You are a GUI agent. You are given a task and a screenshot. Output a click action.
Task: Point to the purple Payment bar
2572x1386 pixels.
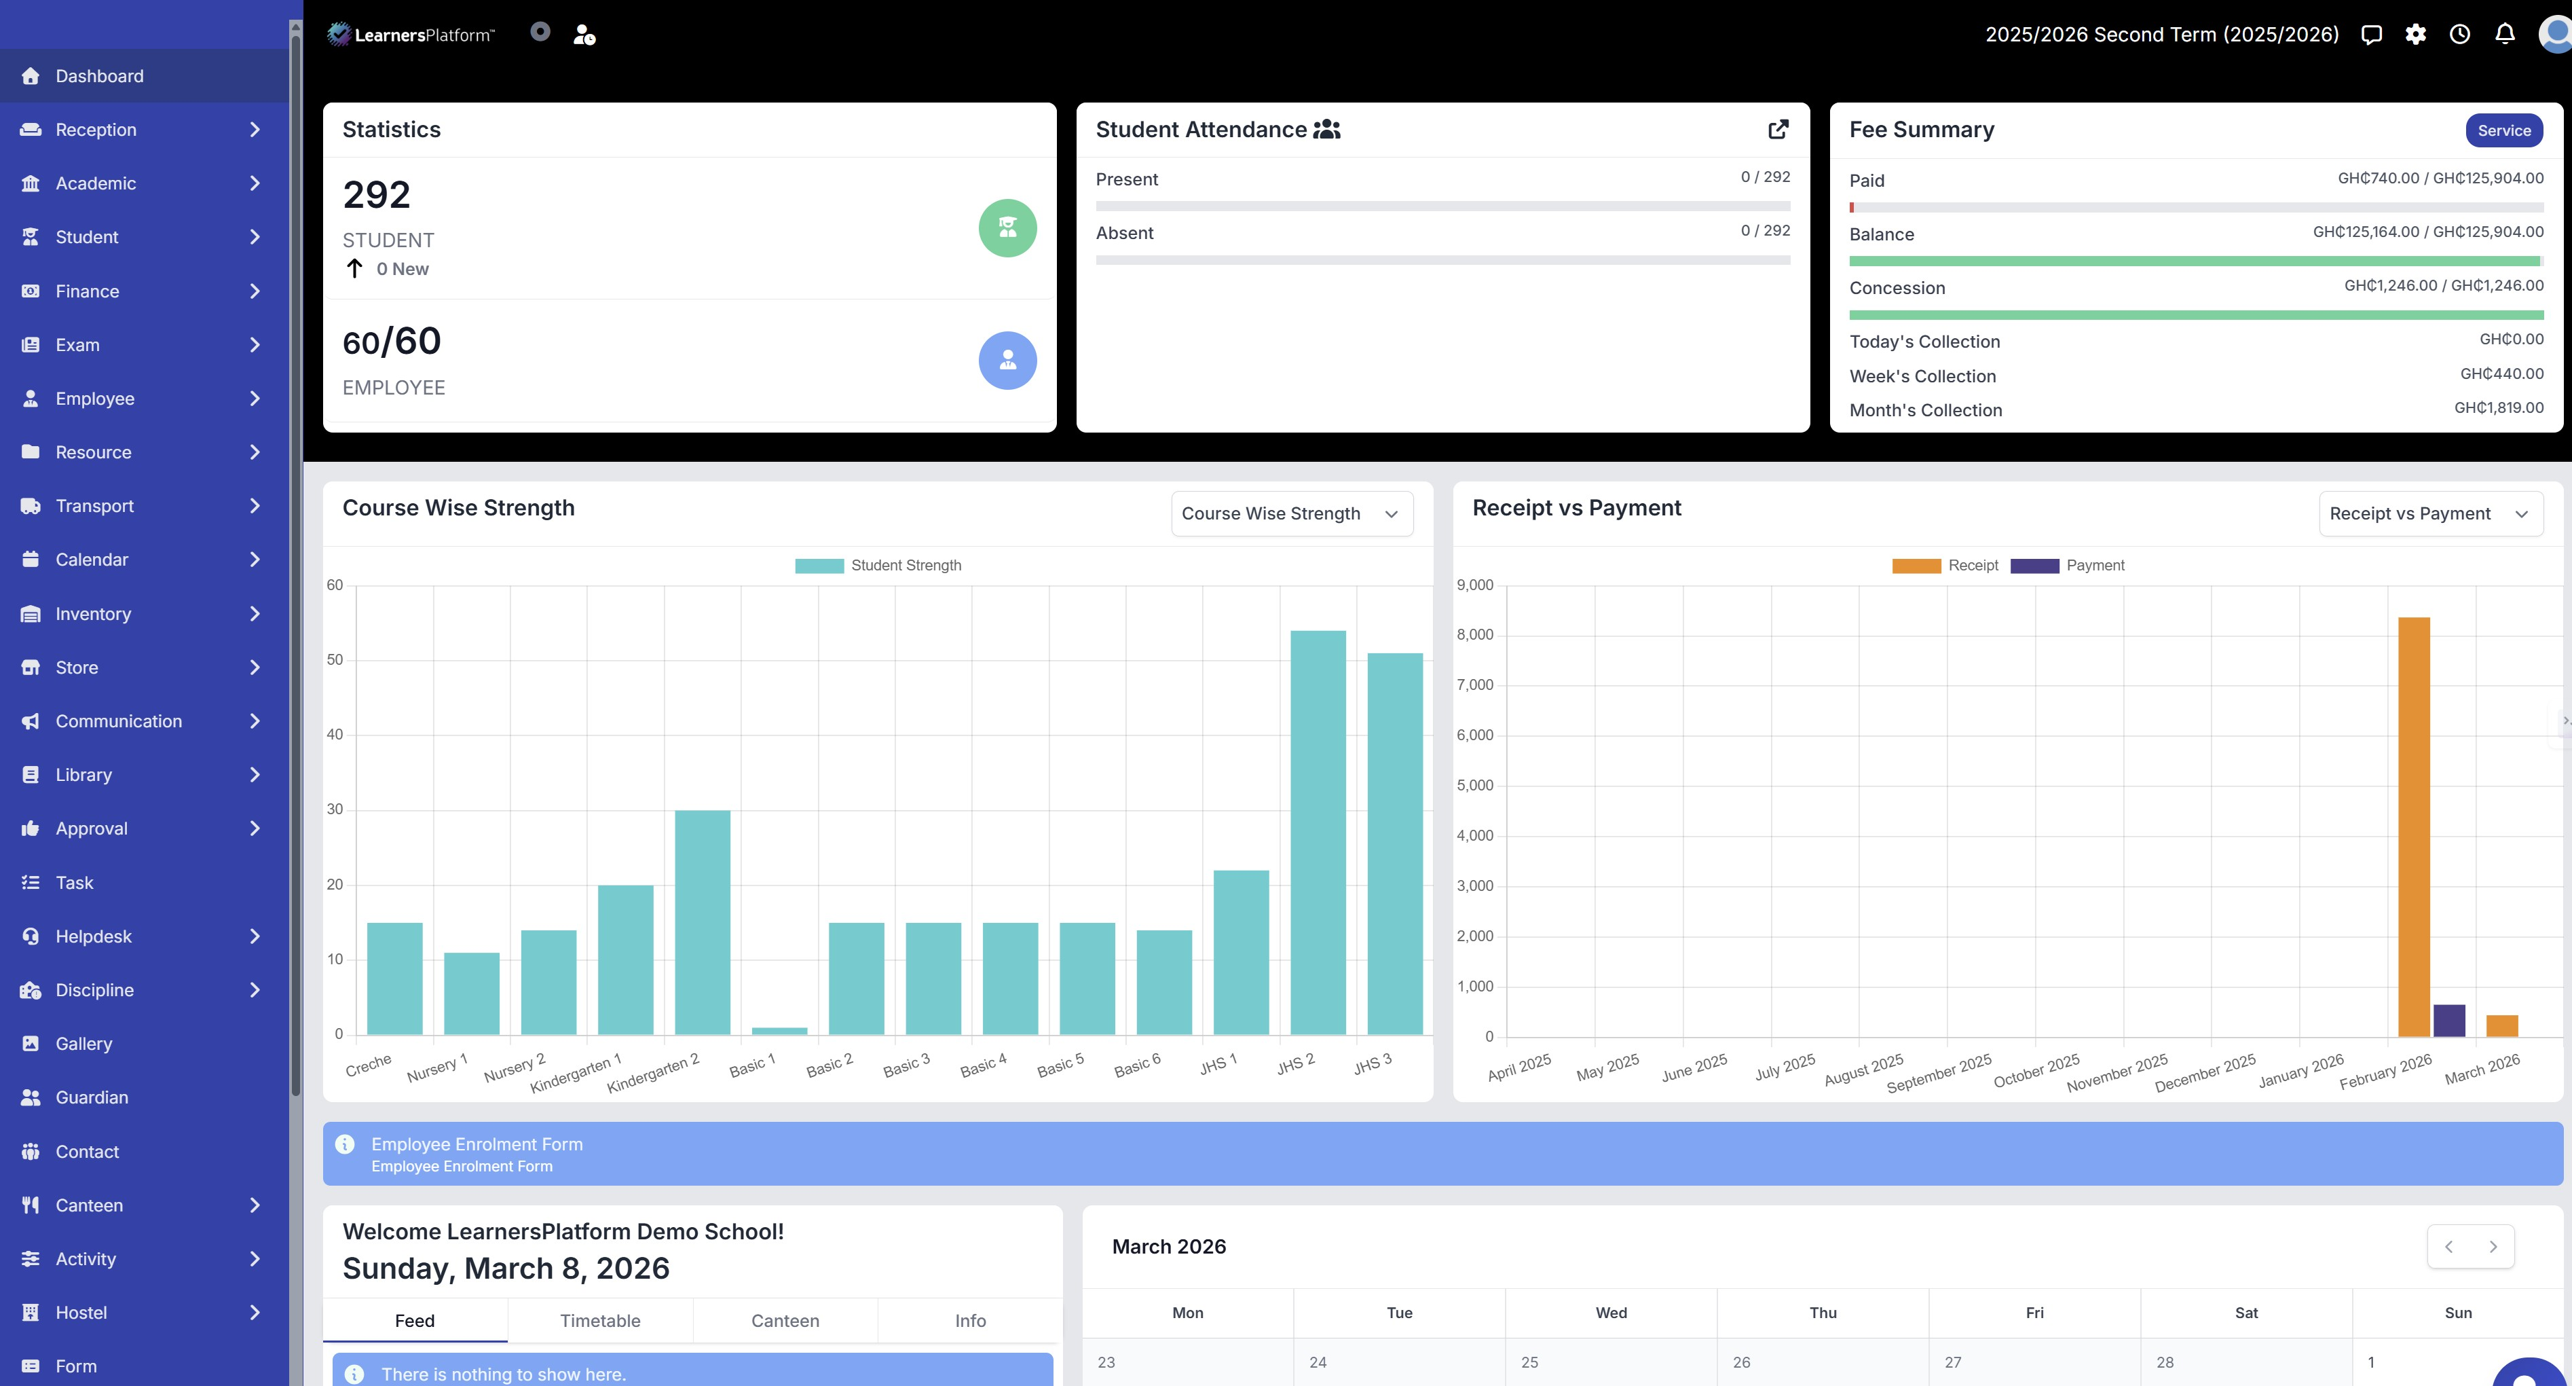coord(2448,1021)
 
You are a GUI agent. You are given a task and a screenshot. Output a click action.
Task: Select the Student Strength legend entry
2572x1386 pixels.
coord(878,565)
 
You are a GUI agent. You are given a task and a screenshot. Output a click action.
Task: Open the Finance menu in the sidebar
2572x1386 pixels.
coord(87,291)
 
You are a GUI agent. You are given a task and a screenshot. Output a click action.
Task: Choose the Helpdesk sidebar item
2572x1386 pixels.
coord(93,936)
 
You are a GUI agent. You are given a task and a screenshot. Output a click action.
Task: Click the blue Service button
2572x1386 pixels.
coord(2503,130)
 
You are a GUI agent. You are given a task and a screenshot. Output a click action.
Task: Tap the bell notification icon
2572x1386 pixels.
coord(2504,34)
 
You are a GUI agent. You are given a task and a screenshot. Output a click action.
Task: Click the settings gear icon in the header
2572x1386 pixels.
coord(2415,34)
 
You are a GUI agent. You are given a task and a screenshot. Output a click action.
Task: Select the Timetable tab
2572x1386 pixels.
coord(599,1320)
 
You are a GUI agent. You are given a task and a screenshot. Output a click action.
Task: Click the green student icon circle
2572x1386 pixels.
coord(1007,227)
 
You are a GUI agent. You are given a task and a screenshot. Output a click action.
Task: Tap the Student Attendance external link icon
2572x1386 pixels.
coord(1777,129)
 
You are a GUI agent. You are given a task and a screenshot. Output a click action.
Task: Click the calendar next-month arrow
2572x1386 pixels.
coord(2492,1246)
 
